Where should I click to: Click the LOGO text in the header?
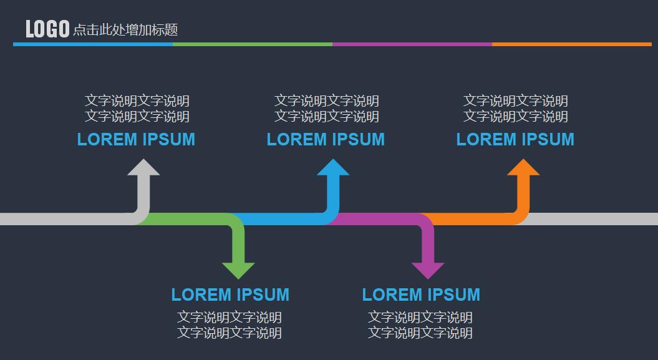pos(47,29)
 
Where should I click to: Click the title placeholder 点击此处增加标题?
pos(125,29)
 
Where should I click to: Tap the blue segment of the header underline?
pos(93,44)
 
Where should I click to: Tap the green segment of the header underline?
pos(253,44)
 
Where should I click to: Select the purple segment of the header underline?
pos(412,44)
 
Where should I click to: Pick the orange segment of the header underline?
pos(571,44)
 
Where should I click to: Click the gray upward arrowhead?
pos(143,168)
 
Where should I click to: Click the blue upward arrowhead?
pos(333,168)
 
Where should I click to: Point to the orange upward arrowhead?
pos(523,168)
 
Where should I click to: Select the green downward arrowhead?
pos(238,270)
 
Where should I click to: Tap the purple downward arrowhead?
pos(428,270)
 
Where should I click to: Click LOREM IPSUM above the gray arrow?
pos(136,140)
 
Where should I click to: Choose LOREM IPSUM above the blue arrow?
pos(326,140)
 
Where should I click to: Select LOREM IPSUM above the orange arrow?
pos(515,140)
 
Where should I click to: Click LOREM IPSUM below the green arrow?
pos(230,294)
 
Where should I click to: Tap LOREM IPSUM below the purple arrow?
pos(421,294)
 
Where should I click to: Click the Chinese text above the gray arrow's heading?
pos(137,109)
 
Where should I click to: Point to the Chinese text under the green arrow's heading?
pos(230,325)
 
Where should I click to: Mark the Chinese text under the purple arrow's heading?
pos(420,325)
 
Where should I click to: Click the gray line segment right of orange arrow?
pos(593,219)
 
